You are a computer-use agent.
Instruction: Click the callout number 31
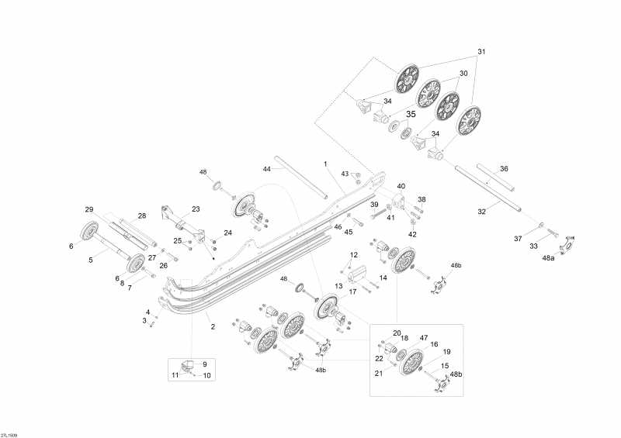point(481,51)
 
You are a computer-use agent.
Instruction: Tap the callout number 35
point(411,114)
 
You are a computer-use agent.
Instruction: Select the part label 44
point(267,169)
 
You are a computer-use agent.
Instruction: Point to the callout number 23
point(196,209)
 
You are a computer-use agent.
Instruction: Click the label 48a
point(548,257)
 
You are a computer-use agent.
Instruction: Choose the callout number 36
point(504,168)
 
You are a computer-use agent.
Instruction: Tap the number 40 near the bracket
point(401,186)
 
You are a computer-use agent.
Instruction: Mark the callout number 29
point(89,209)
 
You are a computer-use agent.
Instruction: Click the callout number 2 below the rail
point(213,326)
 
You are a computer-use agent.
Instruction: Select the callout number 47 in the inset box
point(424,337)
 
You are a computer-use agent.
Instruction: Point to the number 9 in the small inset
point(205,364)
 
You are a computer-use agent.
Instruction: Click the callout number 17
point(352,291)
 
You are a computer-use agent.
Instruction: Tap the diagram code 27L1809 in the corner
point(9,435)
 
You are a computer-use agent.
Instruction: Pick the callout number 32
point(481,212)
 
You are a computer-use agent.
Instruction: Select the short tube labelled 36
point(496,177)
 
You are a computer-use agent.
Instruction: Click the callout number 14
point(383,278)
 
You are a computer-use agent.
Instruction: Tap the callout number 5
point(91,260)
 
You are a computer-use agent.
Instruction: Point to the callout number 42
point(412,234)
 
